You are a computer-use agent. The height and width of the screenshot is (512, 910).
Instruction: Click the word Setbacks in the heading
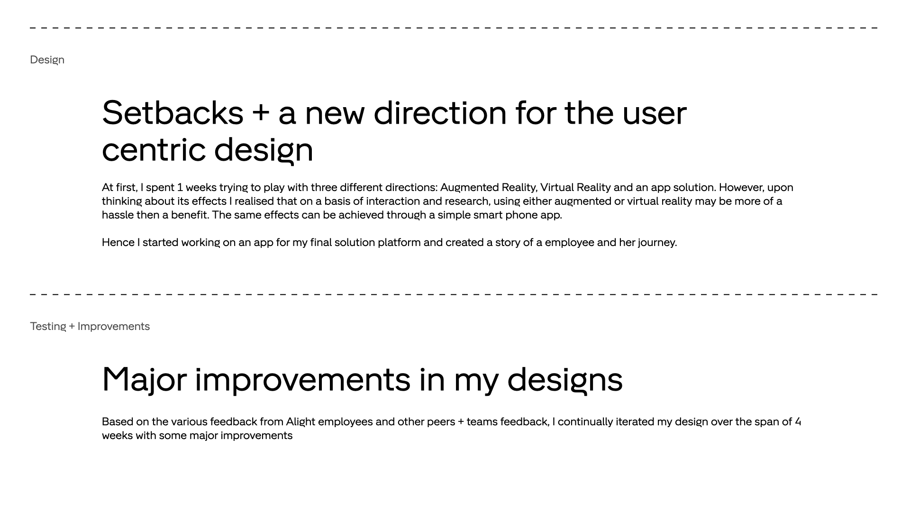[x=173, y=113]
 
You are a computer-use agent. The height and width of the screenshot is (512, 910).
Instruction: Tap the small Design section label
[x=47, y=60]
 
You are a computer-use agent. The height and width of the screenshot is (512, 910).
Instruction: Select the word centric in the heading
[x=154, y=150]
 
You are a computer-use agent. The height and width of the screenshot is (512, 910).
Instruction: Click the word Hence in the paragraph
[x=118, y=242]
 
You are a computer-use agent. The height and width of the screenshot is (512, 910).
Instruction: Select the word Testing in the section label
[x=48, y=327]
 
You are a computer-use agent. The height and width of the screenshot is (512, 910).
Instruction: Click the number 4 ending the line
[x=798, y=421]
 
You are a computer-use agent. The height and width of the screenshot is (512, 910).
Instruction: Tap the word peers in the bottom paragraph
[x=441, y=422]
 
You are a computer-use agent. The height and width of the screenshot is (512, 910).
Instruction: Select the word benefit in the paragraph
[x=190, y=215]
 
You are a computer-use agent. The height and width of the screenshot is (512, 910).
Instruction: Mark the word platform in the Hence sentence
[x=399, y=243]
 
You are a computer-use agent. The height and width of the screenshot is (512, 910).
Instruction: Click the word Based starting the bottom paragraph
[x=118, y=421]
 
